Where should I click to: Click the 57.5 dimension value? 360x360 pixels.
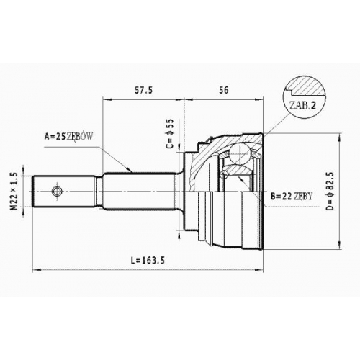tap(143, 90)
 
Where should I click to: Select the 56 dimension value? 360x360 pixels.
tap(224, 90)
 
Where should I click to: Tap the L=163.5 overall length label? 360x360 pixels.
tap(148, 261)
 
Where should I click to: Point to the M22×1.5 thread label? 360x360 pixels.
tap(14, 192)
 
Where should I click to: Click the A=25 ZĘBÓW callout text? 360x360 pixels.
tap(68, 137)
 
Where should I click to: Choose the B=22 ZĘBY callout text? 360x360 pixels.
tap(292, 197)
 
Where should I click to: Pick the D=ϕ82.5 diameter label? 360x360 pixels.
tap(330, 192)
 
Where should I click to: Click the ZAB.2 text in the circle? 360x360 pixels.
tap(302, 105)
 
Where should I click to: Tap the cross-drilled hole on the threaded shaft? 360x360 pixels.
tap(57, 192)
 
